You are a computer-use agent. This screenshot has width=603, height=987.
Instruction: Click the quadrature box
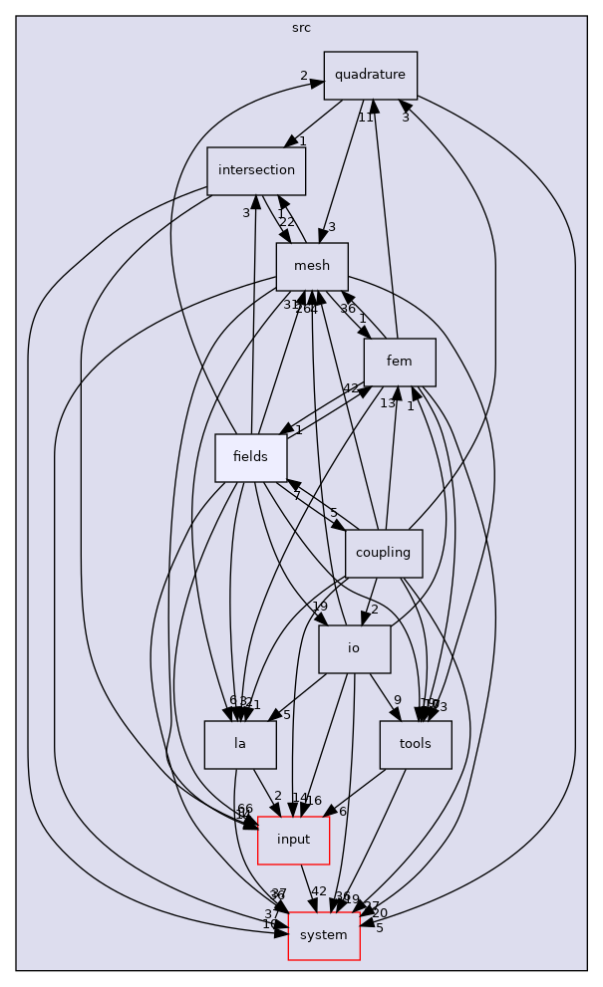370,75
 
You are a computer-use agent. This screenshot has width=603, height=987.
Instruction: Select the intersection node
256,170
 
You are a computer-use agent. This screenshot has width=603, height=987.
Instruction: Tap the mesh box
312,266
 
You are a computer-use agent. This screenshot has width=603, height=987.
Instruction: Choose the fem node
400,362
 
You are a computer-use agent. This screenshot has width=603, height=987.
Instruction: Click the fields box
251,457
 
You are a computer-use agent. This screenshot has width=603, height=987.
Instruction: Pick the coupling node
384,553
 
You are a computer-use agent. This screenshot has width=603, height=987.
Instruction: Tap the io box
354,648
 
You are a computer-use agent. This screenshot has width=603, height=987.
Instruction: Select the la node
240,744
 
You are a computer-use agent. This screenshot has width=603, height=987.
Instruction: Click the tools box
416,744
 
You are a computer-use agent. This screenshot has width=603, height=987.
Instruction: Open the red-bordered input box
294,840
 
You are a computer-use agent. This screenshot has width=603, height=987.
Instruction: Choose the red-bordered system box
324,935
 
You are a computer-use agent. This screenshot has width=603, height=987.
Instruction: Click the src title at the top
301,27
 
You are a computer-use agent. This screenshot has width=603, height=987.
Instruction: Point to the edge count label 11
366,118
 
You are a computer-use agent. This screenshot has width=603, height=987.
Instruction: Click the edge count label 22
286,221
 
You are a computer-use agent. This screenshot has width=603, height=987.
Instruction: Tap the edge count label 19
319,607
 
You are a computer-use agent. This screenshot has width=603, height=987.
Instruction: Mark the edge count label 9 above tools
397,700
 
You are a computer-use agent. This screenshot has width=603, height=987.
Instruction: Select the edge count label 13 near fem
388,402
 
